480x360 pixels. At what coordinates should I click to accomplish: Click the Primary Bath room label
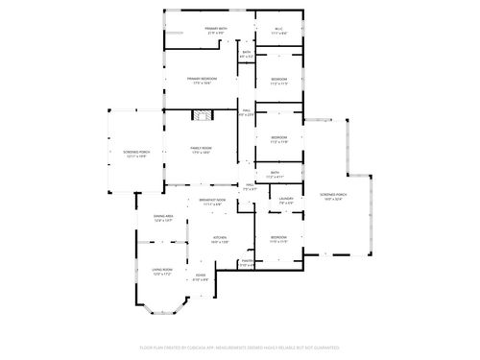coord(215,31)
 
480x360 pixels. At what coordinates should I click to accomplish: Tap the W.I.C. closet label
coord(278,31)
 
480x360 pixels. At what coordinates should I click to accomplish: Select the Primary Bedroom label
coord(202,80)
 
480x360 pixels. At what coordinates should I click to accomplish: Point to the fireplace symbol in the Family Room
coord(201,116)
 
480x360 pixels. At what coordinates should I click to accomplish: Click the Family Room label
coord(201,149)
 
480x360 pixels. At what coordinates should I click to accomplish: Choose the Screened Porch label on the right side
coord(333,197)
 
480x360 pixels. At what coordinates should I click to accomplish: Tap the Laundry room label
coord(286,203)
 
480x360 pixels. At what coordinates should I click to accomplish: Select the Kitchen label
coord(220,240)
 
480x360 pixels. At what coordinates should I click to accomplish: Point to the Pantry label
coord(247,262)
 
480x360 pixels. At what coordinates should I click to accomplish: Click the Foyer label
coord(200,278)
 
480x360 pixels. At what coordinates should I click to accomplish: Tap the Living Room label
coord(160,272)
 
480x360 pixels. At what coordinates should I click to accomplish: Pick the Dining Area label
coord(163,219)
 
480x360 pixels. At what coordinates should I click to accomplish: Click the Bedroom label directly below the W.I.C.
coord(278,80)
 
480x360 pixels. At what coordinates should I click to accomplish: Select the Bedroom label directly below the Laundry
coord(278,238)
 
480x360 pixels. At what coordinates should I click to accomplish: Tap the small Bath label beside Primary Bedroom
coord(247,55)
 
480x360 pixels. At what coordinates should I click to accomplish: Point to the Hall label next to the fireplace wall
coord(246,113)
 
